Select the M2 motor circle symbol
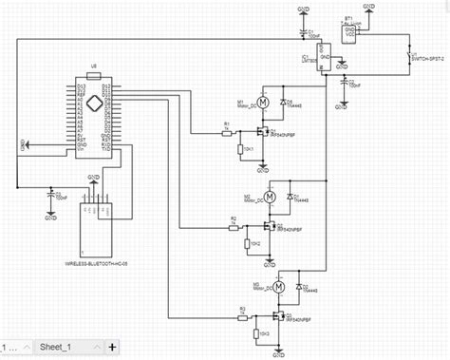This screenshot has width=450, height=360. coord(270,197)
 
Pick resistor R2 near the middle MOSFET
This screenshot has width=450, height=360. coord(234,228)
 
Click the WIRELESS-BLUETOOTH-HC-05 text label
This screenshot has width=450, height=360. coord(95,262)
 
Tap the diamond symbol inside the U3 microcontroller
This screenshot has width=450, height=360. coord(92,102)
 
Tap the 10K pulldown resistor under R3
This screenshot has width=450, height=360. coord(254,333)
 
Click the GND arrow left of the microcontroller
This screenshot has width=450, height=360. coord(26,144)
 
